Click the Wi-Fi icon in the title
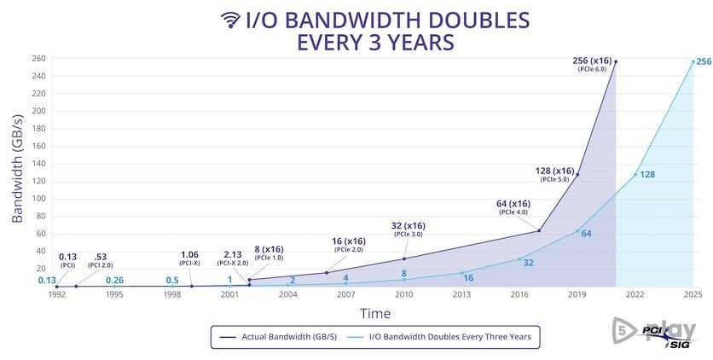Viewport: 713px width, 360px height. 230,20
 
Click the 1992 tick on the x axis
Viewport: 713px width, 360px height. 56,294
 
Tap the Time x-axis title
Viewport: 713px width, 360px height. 375,313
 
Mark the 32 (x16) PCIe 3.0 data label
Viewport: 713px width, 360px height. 409,229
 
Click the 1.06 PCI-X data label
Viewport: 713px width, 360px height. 191,258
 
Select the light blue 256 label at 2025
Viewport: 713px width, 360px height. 704,62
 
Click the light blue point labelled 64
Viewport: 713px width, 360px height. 577,230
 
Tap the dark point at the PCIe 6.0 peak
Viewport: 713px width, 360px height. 616,61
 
